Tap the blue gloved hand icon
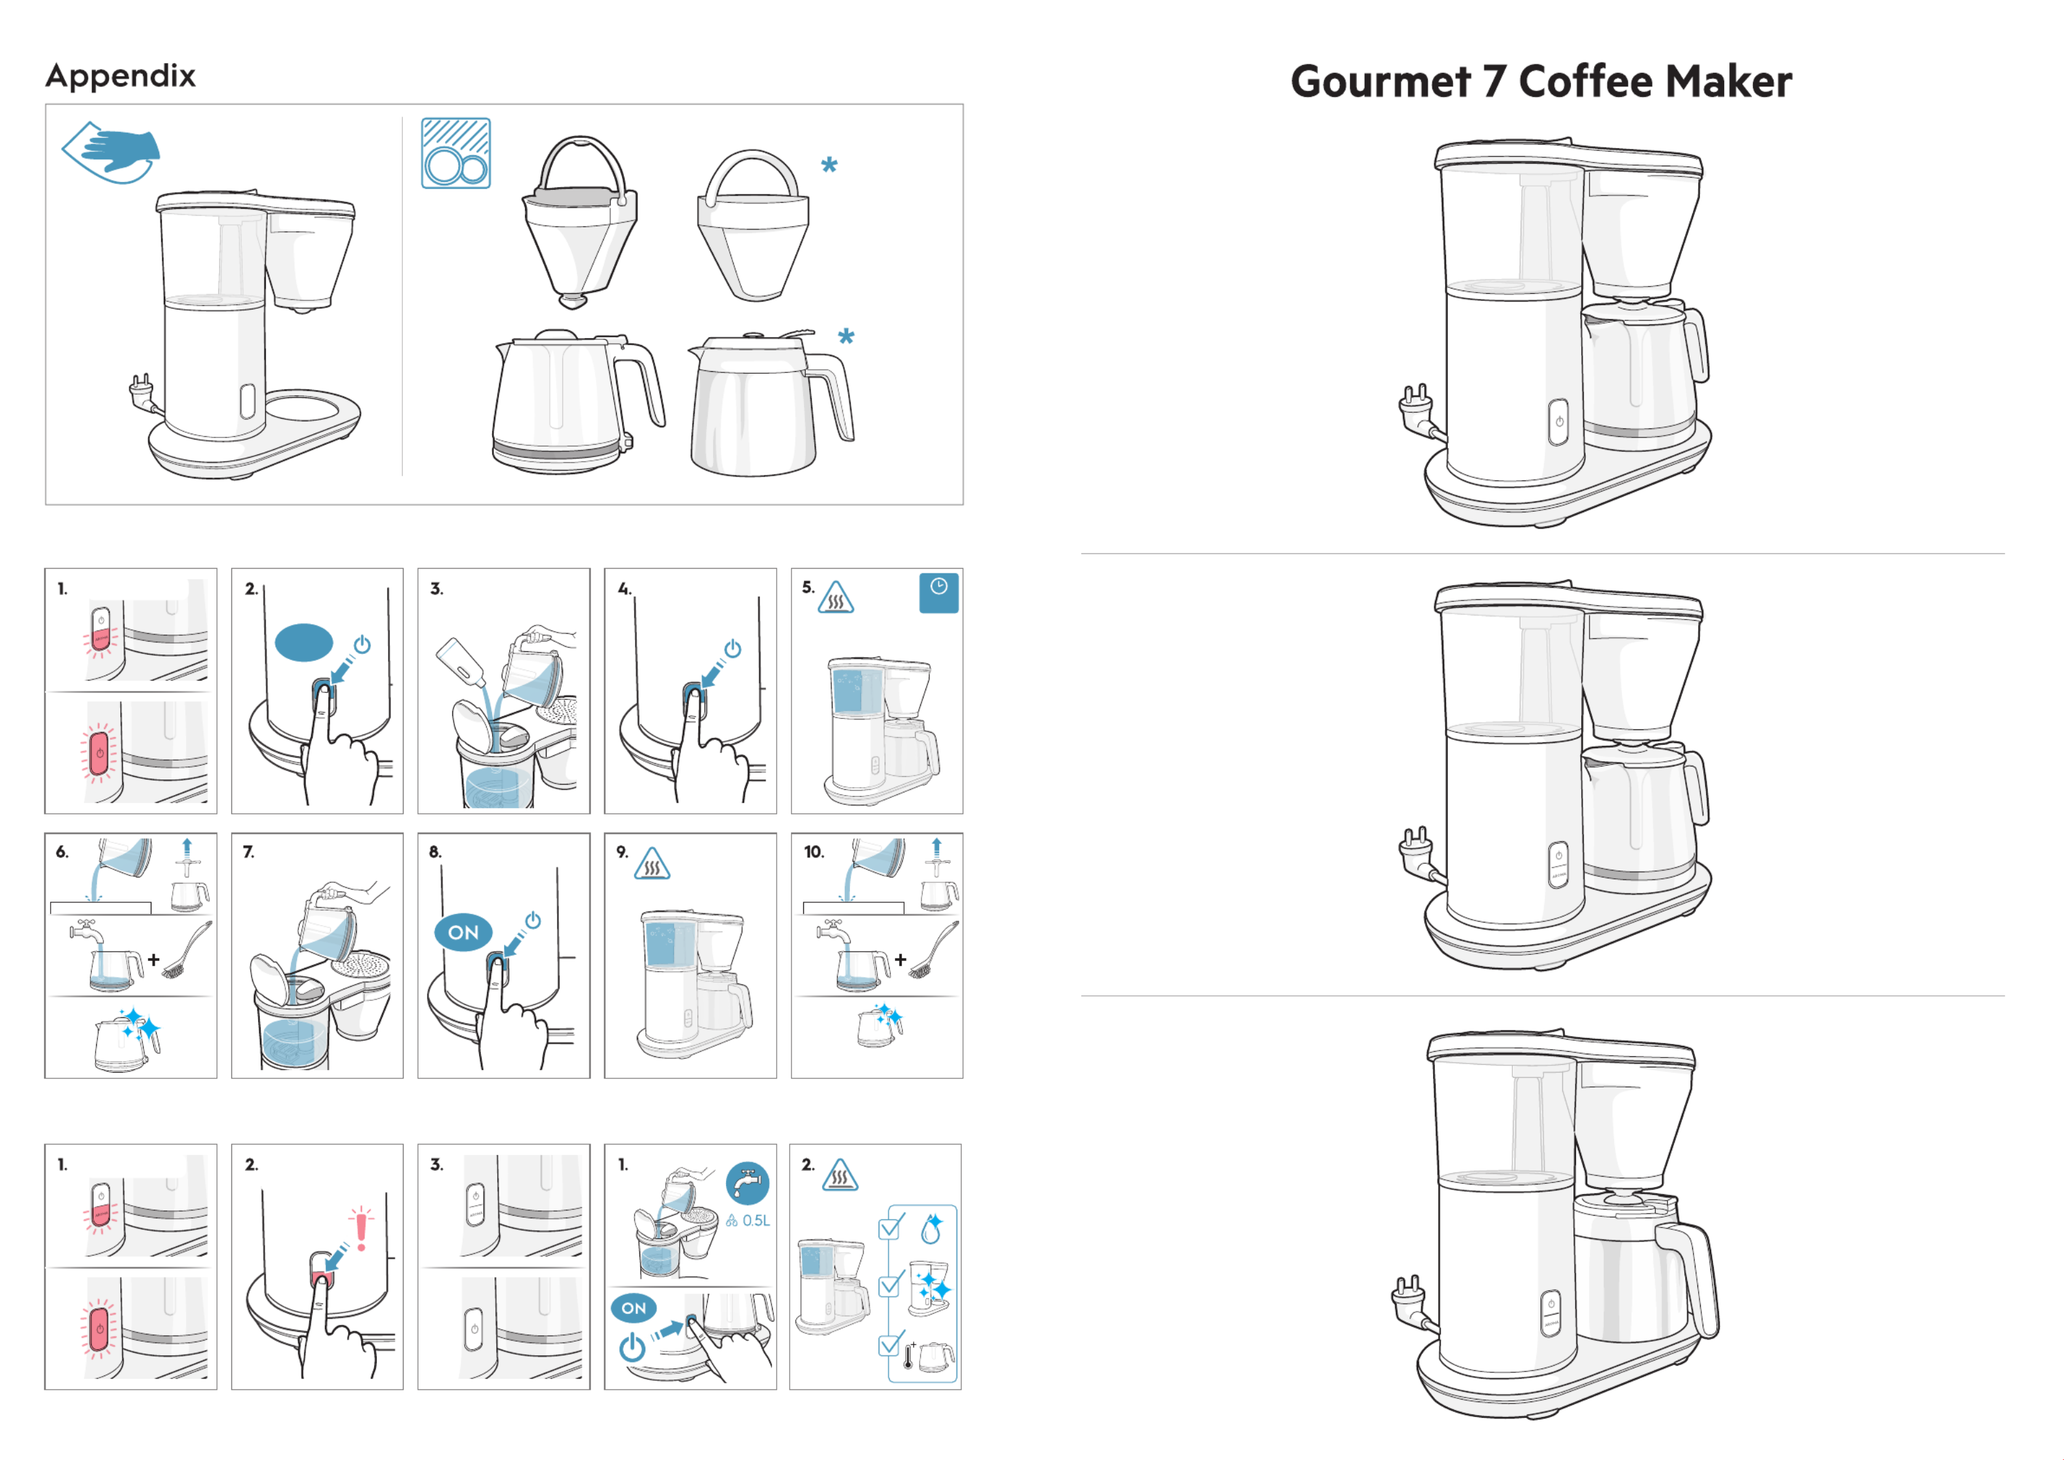[112, 153]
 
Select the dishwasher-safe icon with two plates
[456, 153]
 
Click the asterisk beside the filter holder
[829, 164]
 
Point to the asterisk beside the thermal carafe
[846, 337]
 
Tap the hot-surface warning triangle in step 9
[652, 865]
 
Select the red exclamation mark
[361, 1229]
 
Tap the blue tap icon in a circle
[747, 1184]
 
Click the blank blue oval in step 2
[304, 643]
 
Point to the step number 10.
[814, 852]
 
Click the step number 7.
[249, 852]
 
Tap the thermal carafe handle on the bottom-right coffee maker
[1694, 1277]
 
